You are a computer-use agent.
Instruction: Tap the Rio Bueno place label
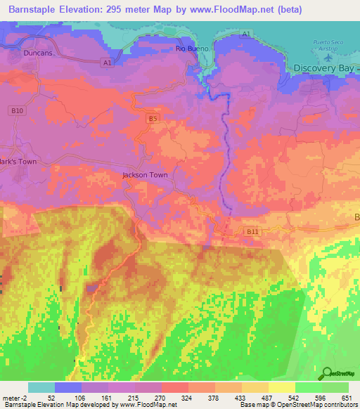(x=189, y=48)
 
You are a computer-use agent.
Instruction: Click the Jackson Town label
(x=145, y=175)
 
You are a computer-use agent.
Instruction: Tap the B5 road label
(x=153, y=119)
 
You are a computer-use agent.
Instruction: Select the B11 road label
(x=252, y=231)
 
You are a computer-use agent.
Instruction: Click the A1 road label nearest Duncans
(x=106, y=63)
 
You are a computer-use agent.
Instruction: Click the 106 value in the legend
(x=82, y=398)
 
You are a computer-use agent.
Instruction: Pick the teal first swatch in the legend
(x=41, y=387)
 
